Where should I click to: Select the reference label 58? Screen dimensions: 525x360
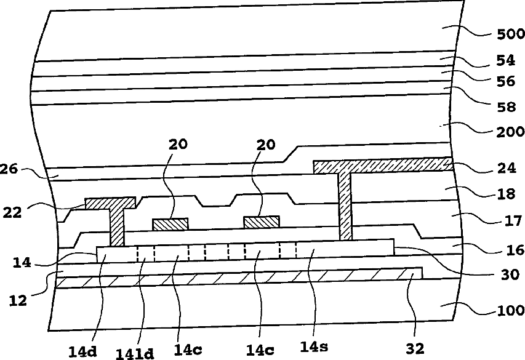[506, 107]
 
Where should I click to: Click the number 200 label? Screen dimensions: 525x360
[506, 132]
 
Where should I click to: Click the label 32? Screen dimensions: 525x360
[415, 348]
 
